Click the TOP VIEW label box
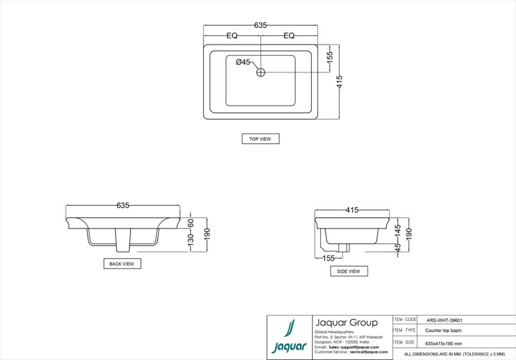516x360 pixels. [260, 139]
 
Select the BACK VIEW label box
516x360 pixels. [121, 264]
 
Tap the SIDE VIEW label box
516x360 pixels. [348, 271]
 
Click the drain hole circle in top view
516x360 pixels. [261, 72]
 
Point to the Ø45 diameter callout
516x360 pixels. [243, 62]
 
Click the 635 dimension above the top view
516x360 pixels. [260, 25]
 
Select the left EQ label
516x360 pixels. [232, 36]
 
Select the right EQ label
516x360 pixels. [289, 36]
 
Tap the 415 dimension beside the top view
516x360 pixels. [339, 82]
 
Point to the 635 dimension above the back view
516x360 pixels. [123, 205]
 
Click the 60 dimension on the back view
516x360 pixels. [190, 223]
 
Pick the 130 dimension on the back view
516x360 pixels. [190, 241]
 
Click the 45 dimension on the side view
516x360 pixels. [398, 248]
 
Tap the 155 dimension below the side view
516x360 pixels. [328, 258]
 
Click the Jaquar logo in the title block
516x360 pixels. [290, 337]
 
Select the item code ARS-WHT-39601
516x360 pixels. [445, 320]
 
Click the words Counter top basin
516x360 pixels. [443, 331]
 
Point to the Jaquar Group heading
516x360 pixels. [346, 323]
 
